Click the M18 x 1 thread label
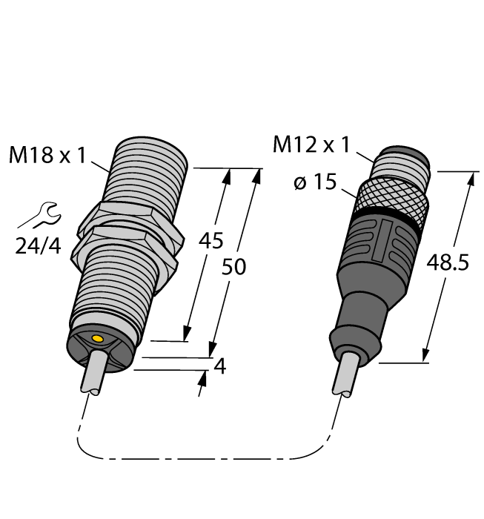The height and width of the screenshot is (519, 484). point(47,156)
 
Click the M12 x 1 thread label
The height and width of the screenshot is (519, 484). point(311,145)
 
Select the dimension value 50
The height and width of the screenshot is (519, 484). point(234,268)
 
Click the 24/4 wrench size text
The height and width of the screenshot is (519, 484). point(39,245)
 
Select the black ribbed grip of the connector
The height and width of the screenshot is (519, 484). point(378,245)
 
